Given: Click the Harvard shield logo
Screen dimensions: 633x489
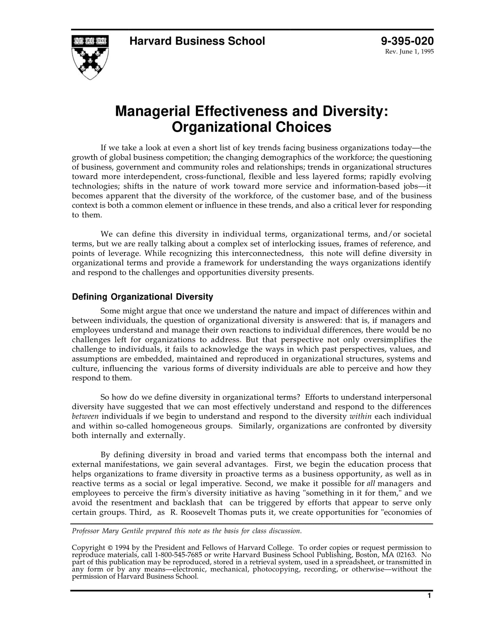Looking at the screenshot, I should click(90, 57).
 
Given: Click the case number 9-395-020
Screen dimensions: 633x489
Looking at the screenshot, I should click(407, 41).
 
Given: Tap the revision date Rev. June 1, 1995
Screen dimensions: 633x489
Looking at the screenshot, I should click(409, 52).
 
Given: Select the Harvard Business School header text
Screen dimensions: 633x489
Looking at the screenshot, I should click(197, 41).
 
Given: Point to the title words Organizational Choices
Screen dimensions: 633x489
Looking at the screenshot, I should click(251, 127).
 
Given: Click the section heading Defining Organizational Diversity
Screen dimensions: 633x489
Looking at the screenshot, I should click(142, 297).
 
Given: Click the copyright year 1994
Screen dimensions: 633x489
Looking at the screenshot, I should click(122, 548).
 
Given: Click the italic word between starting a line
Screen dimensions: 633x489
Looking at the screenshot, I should click(85, 416).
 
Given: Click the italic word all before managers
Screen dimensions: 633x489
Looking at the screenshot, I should click(371, 484).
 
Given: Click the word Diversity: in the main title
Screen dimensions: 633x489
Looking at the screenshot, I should click(355, 111).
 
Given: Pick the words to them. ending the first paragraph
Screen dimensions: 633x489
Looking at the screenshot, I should click(87, 215).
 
